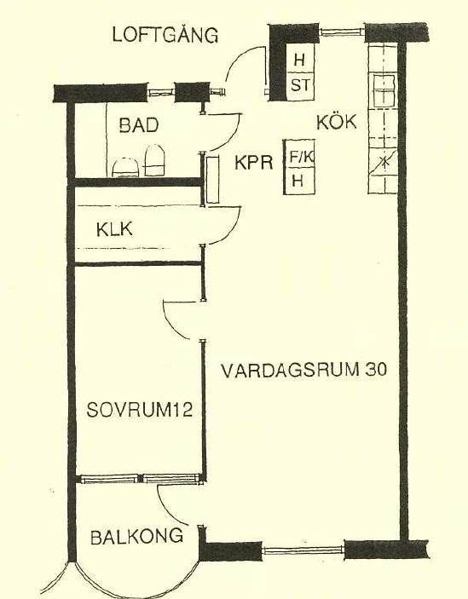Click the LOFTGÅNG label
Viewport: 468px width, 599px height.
tap(165, 34)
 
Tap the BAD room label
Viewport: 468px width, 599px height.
tap(139, 125)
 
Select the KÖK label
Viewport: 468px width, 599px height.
tap(336, 122)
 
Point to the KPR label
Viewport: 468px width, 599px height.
tap(254, 163)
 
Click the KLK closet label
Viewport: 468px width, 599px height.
tap(114, 229)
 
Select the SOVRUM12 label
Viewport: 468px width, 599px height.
tap(140, 410)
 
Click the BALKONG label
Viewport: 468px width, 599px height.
tap(136, 537)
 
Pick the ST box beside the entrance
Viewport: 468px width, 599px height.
tap(300, 85)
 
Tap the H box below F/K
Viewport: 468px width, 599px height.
tap(299, 182)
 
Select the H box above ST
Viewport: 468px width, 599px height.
tap(300, 59)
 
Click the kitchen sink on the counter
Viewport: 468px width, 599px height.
tap(384, 91)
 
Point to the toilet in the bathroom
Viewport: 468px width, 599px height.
tap(156, 160)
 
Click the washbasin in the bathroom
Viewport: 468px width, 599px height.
tap(125, 168)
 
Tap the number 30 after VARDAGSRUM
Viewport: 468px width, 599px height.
tap(376, 370)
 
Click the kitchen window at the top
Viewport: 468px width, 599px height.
tap(341, 32)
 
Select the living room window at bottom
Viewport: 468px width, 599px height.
tap(303, 550)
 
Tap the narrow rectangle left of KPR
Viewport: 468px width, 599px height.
tap(213, 179)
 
